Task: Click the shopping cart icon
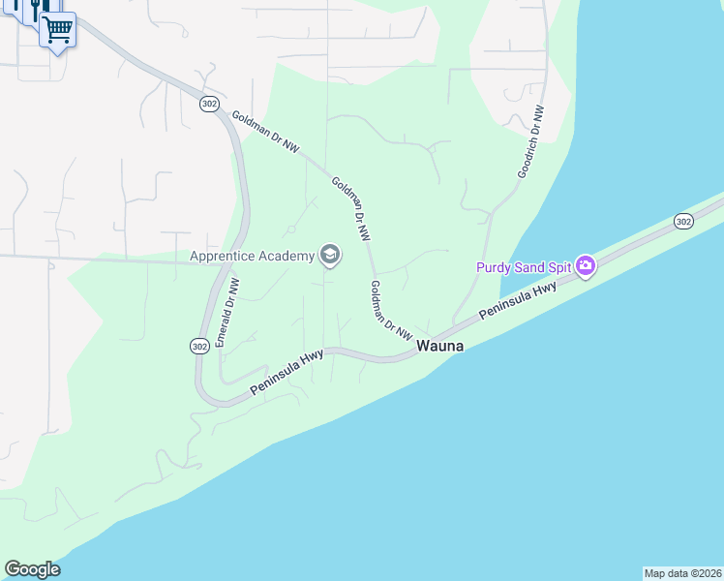tap(57, 30)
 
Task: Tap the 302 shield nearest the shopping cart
tap(209, 104)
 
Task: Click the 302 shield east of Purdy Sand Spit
tap(683, 222)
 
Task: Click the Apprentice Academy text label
tap(253, 256)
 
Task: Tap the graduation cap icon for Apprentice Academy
tap(329, 256)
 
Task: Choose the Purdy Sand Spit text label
tap(523, 266)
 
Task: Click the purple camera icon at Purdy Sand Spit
tap(585, 265)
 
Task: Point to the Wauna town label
tap(439, 346)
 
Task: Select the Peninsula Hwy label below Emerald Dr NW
tap(286, 373)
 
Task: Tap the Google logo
tap(32, 569)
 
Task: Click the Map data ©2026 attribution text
tap(682, 573)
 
